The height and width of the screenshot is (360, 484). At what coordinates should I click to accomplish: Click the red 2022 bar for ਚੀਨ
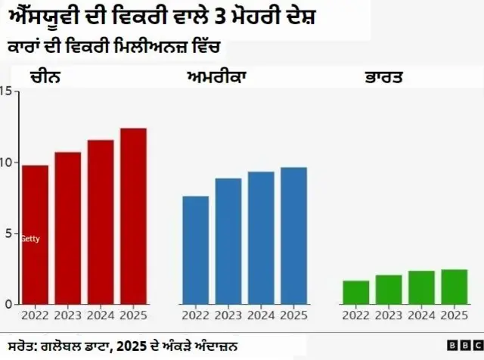click(x=35, y=234)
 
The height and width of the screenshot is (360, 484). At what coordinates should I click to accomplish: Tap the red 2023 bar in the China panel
click(x=67, y=228)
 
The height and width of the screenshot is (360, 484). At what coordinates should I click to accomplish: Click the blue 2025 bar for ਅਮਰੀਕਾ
click(x=293, y=235)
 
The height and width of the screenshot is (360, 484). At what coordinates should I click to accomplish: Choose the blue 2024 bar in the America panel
click(x=261, y=237)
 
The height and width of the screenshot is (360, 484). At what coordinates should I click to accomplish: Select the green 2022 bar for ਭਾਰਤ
click(x=355, y=292)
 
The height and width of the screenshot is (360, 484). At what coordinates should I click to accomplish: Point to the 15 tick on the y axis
click(x=6, y=92)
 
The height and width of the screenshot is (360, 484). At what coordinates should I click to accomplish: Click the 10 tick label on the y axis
click(x=6, y=163)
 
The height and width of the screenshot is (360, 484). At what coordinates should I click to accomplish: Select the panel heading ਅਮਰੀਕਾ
click(x=217, y=77)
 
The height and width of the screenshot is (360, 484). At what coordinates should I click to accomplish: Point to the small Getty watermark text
click(x=30, y=239)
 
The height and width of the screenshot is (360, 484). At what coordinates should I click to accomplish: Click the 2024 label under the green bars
click(x=421, y=315)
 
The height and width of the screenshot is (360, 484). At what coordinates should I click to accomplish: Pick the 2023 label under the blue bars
click(x=228, y=315)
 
